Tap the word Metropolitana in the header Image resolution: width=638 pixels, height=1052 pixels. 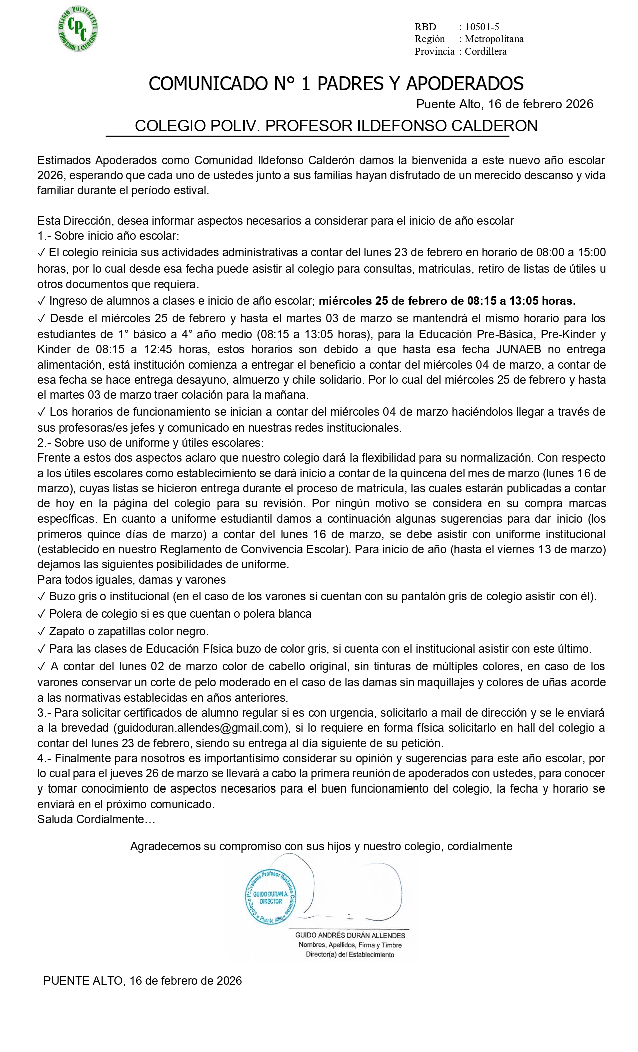(x=494, y=39)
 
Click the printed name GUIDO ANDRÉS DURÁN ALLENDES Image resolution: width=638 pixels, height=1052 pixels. (x=350, y=935)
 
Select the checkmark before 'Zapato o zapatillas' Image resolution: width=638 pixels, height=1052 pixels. (x=41, y=631)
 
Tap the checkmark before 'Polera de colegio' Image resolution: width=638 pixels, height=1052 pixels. (x=41, y=614)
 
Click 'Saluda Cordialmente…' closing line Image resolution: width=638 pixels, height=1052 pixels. (x=96, y=819)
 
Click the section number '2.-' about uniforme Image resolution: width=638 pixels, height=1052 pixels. (x=44, y=443)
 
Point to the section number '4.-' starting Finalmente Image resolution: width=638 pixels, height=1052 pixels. (x=44, y=759)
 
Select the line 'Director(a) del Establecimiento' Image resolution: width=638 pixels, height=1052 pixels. (x=350, y=954)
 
